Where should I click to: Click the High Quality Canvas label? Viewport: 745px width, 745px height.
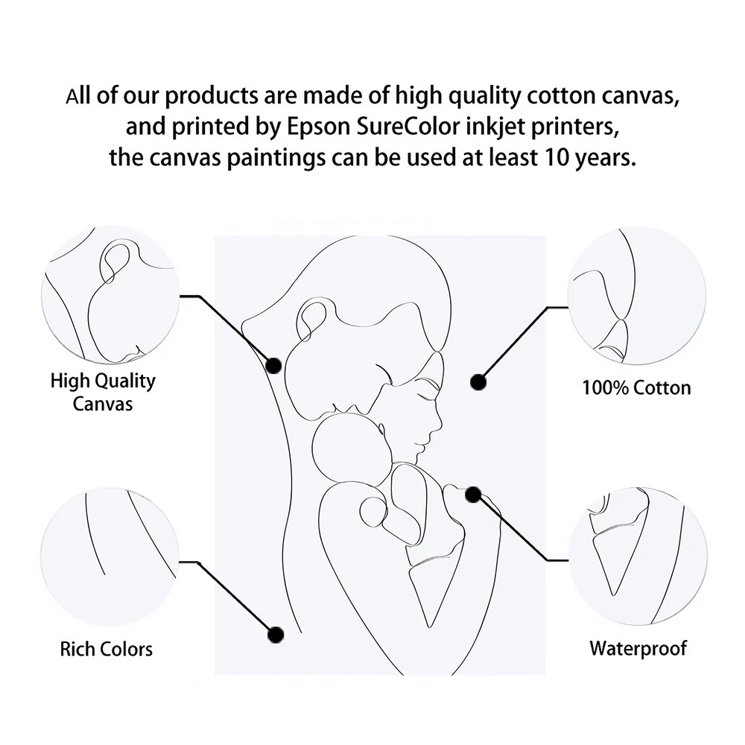tap(103, 392)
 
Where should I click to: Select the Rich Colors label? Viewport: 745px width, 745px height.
tap(106, 648)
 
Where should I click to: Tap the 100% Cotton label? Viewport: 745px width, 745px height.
tap(636, 387)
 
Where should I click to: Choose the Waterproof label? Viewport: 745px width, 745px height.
tap(638, 647)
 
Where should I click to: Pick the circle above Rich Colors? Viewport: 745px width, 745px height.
tap(110, 556)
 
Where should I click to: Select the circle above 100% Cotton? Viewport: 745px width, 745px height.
tap(637, 296)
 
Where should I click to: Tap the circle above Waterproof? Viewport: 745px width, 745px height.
tap(637, 555)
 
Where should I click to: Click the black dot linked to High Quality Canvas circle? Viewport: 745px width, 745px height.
tap(273, 365)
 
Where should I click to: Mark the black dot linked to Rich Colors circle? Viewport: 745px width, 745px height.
tap(276, 635)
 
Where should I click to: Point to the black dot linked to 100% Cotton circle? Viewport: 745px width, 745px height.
tap(478, 382)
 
